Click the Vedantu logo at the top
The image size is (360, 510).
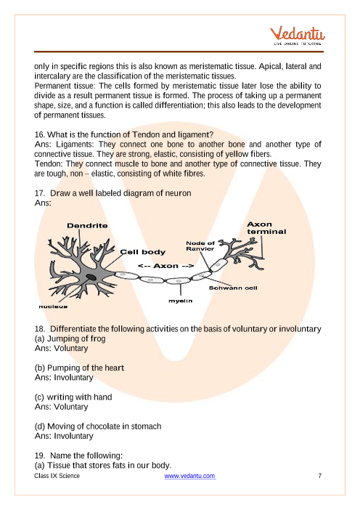(298, 36)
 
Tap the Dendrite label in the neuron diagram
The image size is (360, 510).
(87, 226)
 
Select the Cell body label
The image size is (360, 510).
(143, 252)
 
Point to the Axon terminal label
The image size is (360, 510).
(266, 228)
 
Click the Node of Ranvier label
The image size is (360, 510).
(200, 246)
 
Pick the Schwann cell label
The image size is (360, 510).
(233, 288)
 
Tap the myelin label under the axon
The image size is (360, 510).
(180, 301)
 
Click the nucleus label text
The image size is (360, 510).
(53, 307)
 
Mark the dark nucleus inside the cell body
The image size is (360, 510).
(91, 277)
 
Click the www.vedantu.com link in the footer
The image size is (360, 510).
(189, 476)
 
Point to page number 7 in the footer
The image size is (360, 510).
(319, 476)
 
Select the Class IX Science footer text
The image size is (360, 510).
(57, 476)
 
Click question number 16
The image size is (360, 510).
(40, 134)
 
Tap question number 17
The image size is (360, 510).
(40, 193)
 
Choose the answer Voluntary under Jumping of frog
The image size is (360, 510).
(71, 348)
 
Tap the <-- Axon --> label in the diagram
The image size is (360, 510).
(165, 266)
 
